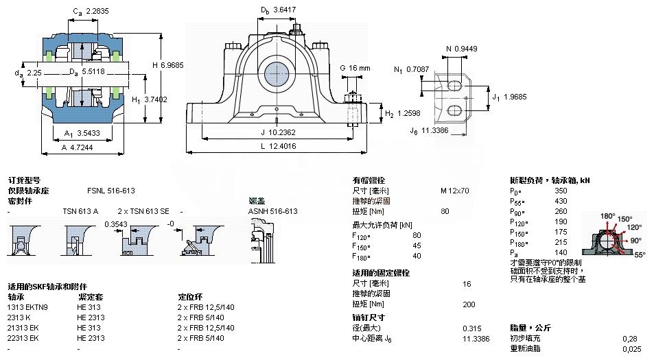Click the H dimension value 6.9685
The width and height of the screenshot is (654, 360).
(x=173, y=65)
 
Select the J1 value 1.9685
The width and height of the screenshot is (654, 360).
(x=515, y=97)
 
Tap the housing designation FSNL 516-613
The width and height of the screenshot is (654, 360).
(x=111, y=191)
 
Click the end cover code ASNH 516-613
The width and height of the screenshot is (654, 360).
(x=272, y=211)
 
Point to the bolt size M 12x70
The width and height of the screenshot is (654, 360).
(x=455, y=191)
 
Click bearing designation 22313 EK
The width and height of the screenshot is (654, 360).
(x=23, y=338)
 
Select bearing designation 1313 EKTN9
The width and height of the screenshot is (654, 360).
(x=27, y=307)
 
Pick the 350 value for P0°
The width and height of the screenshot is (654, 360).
(x=561, y=191)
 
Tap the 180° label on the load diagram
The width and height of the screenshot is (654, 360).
(x=607, y=216)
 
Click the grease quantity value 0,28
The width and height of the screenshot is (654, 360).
(x=629, y=338)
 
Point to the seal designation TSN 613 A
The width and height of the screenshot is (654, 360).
(x=80, y=211)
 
